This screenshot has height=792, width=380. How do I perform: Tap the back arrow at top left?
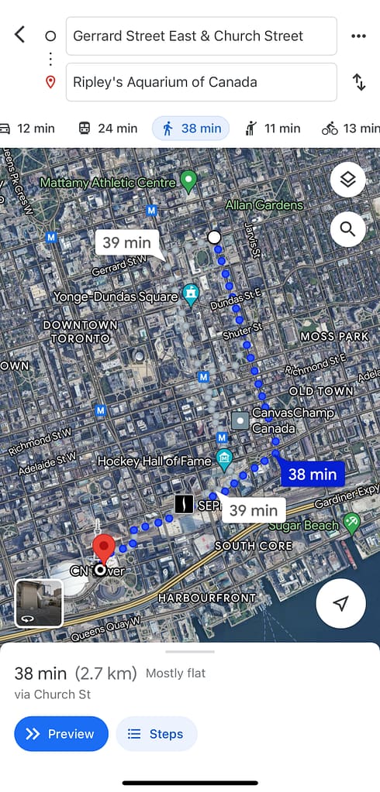point(20,35)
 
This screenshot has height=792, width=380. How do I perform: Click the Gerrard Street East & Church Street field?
point(201,36)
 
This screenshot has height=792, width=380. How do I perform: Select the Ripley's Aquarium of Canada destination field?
point(201,82)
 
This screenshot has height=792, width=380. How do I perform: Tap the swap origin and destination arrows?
point(358,82)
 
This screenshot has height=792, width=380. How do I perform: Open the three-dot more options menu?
point(358,36)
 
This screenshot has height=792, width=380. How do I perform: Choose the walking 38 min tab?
point(191,129)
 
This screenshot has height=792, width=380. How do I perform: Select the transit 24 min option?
point(108,129)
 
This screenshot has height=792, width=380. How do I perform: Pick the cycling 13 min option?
point(351,129)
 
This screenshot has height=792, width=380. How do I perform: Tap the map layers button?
point(347,180)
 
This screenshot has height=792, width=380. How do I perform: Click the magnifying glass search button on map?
point(347,229)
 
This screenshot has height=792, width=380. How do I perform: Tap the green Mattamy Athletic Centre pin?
point(188,182)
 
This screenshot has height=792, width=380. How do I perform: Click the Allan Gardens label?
point(264,205)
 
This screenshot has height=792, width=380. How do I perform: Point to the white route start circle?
point(215,237)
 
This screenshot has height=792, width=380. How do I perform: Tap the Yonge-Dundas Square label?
point(116,297)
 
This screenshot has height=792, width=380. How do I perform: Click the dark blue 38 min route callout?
point(312,474)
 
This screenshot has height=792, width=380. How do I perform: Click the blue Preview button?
point(60,734)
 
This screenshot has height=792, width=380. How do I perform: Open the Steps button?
point(156,734)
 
